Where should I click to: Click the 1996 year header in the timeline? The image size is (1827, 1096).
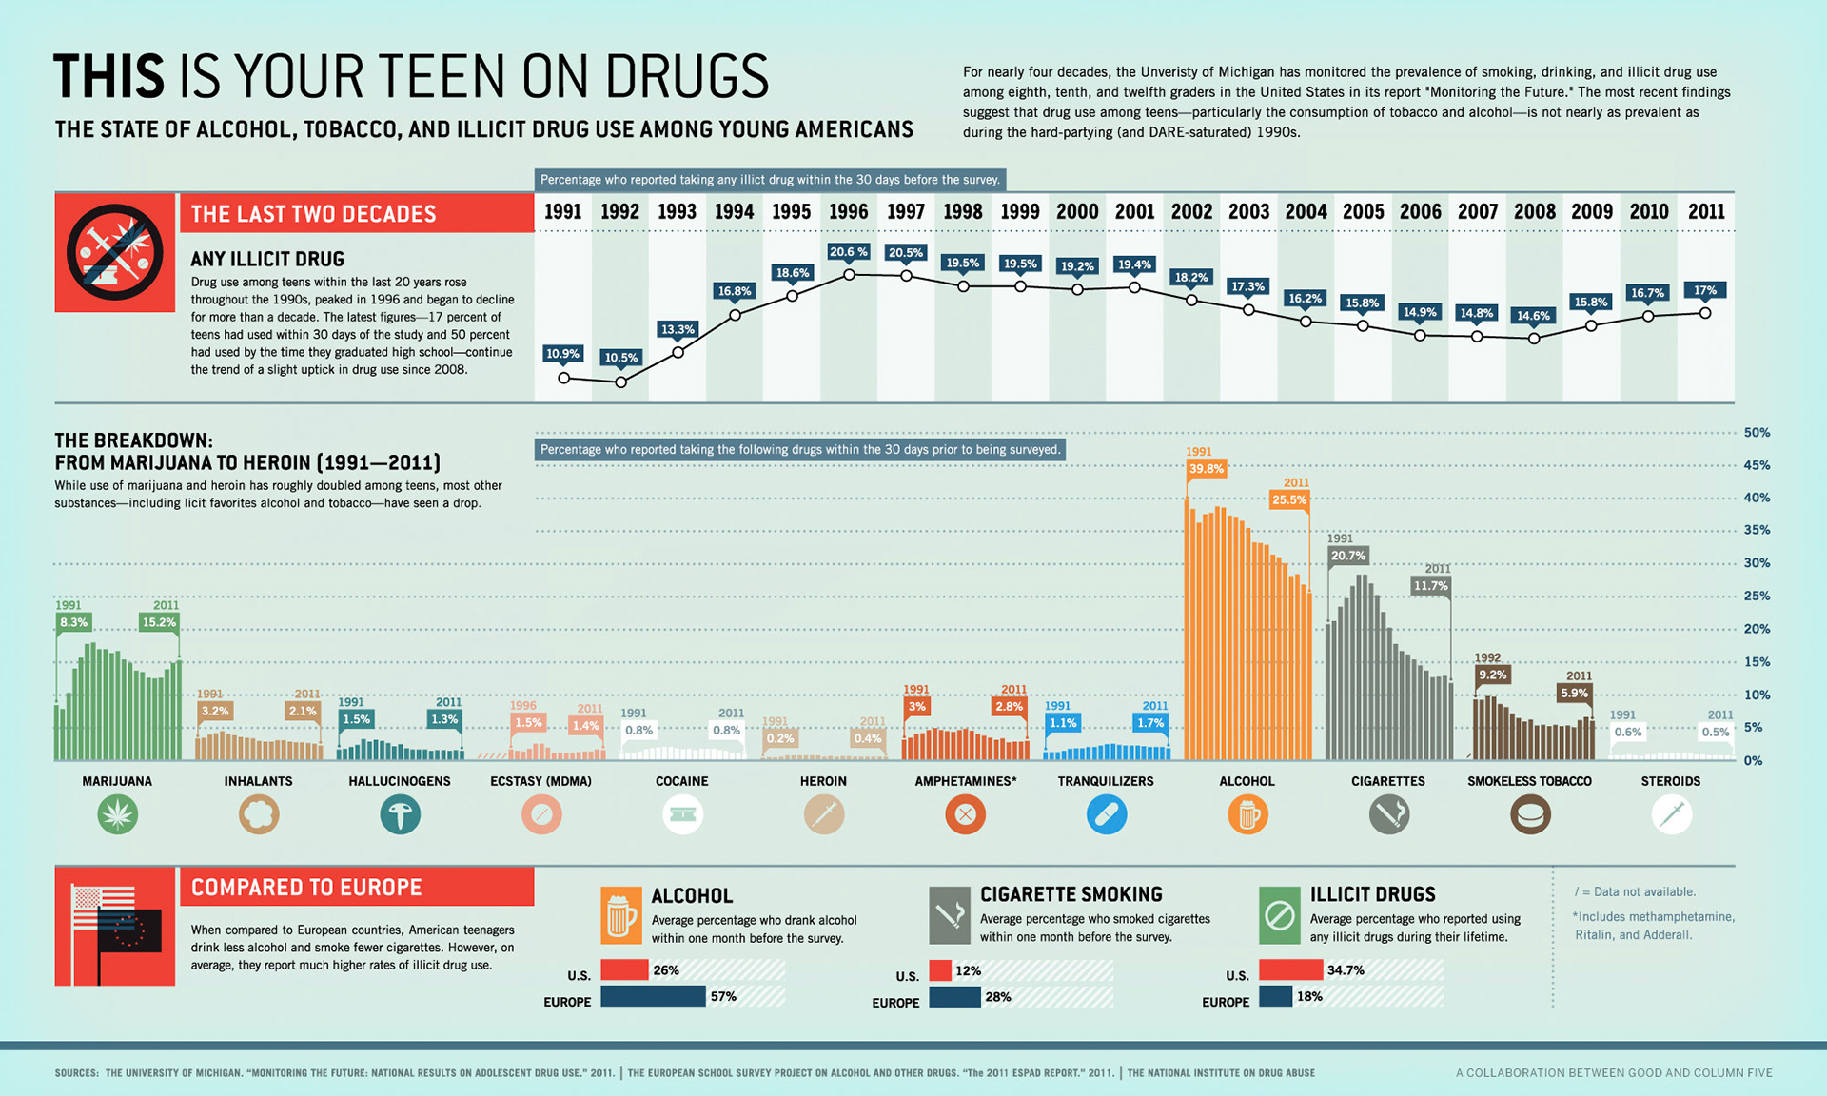(848, 212)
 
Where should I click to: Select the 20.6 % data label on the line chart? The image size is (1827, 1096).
(848, 252)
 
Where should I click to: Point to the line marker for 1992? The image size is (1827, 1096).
(621, 382)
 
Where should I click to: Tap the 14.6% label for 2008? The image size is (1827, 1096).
(1533, 315)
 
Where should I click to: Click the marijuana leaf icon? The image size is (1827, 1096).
(118, 814)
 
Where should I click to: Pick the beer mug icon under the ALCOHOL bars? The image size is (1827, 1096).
(1247, 814)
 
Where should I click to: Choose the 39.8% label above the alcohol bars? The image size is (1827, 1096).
(1207, 468)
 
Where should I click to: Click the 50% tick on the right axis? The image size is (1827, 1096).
(1757, 433)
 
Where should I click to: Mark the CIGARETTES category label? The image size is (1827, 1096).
(1387, 781)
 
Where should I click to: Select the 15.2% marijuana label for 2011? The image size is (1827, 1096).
(159, 622)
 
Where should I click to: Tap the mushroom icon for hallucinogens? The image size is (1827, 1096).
(400, 814)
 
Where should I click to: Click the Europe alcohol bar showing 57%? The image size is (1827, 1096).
(653, 996)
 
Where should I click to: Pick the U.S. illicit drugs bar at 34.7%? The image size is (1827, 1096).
(1290, 969)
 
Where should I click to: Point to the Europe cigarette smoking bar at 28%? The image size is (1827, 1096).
(954, 996)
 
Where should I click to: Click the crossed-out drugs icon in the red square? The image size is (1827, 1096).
(115, 253)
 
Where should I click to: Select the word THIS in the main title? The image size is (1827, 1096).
(109, 77)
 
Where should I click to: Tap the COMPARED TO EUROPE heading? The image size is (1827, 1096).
(306, 888)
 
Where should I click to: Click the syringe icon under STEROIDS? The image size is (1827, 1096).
(1671, 814)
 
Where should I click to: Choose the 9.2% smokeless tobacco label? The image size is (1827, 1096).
(1492, 675)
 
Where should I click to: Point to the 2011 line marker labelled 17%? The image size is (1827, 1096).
(1705, 313)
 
